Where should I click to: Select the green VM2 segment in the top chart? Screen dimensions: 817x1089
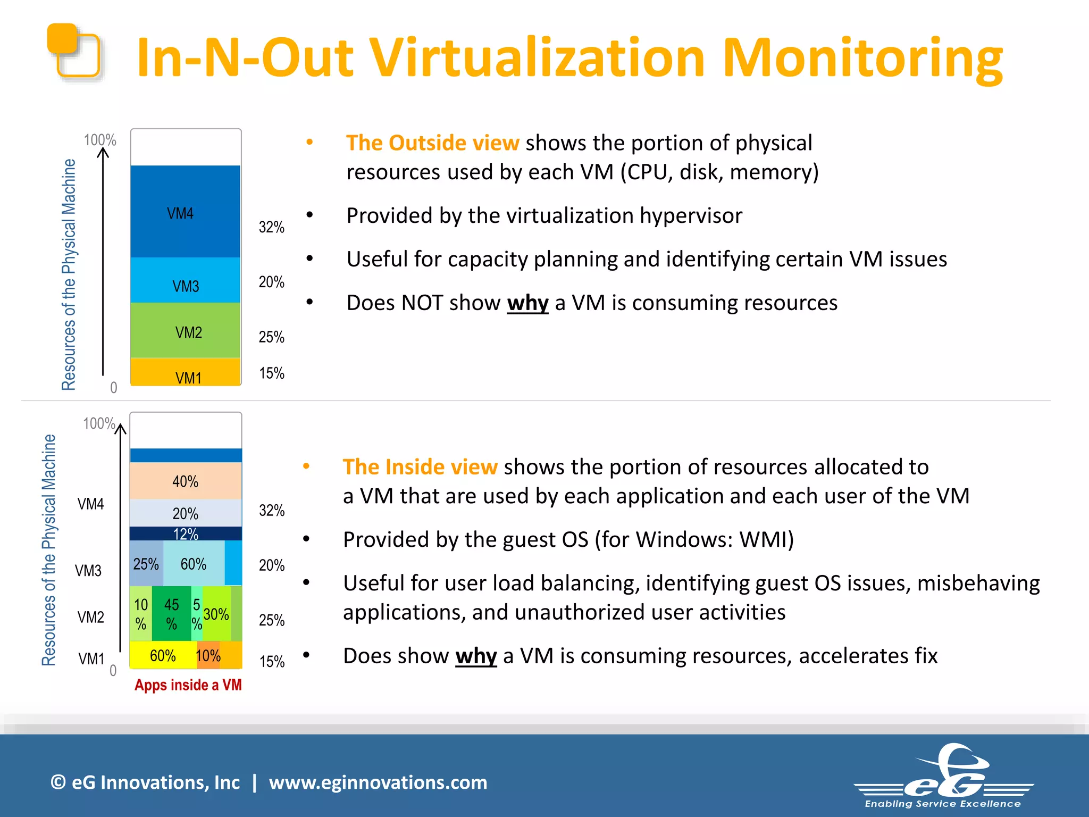pos(185,330)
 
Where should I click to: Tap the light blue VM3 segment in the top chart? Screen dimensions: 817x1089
pos(185,280)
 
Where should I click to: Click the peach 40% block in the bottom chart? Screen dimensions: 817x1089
pos(185,481)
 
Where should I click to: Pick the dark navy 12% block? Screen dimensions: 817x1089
pos(185,533)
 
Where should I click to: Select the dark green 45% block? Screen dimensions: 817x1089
pos(171,613)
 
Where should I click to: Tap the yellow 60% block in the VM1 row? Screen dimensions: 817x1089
pos(162,655)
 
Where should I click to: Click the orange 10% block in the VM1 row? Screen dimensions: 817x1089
pos(208,655)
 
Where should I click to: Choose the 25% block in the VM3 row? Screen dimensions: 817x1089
pos(146,564)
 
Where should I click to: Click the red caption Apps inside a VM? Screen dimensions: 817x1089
pos(188,685)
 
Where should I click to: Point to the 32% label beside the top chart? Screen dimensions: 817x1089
pos(271,227)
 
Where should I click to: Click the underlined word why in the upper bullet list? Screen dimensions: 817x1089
pos(527,303)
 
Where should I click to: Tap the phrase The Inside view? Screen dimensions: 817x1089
pos(420,466)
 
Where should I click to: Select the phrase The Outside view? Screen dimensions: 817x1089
pos(432,143)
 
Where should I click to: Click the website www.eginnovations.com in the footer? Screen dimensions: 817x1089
pos(378,782)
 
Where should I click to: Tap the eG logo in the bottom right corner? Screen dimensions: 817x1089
pos(943,777)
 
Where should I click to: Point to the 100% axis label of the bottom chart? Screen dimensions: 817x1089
pos(99,423)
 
